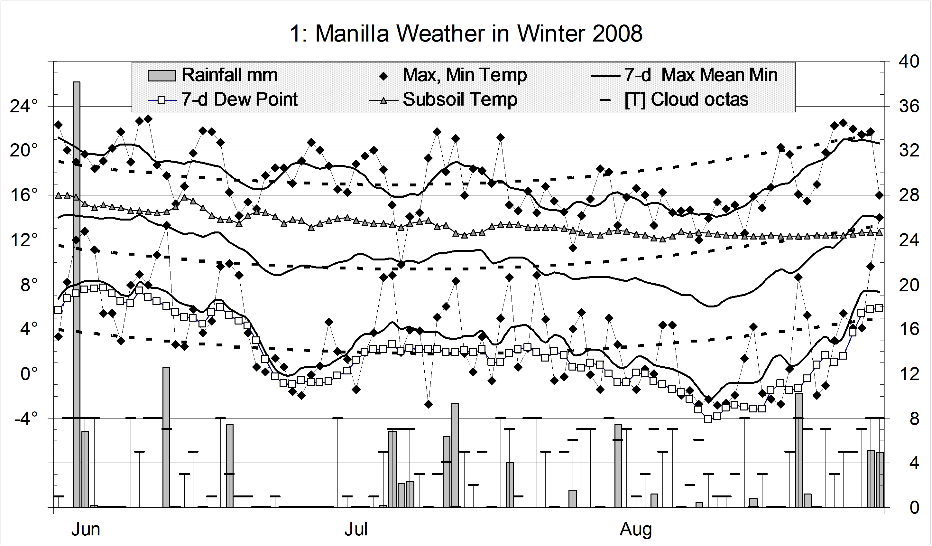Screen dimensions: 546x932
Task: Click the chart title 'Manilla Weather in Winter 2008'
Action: tap(466, 34)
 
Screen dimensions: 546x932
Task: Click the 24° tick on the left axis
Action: tap(24, 107)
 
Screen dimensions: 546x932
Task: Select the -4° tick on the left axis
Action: tap(26, 418)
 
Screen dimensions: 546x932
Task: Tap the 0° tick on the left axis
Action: tap(30, 374)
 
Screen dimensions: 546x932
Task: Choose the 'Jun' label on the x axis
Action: tap(86, 529)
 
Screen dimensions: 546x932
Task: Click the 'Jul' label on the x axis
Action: tap(356, 529)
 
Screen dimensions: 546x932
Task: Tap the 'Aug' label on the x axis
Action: tap(635, 529)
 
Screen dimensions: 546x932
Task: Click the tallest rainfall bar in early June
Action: tap(77, 259)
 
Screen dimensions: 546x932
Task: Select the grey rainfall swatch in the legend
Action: tap(161, 75)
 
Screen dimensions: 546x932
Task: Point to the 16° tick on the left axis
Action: tap(24, 195)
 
